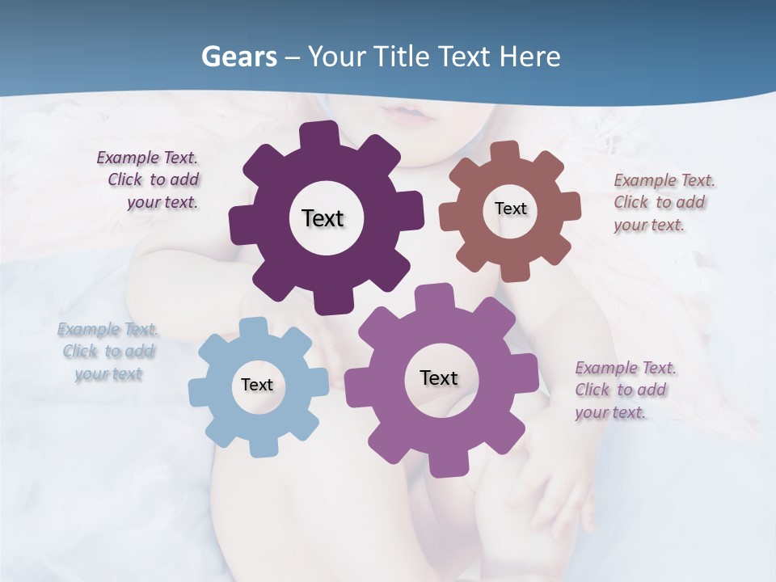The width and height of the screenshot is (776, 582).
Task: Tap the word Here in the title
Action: [529, 57]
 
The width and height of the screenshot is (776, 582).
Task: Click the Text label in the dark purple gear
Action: [323, 218]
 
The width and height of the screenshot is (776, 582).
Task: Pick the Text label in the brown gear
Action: [510, 209]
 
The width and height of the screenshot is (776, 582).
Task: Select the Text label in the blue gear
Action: [257, 385]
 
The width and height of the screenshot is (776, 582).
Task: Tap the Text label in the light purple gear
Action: [439, 377]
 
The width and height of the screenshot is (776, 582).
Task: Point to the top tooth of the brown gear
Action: [504, 151]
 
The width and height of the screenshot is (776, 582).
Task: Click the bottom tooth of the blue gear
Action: [262, 446]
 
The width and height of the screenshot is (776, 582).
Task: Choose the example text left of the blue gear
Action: [108, 352]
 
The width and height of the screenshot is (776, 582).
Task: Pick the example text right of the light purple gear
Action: [624, 390]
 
